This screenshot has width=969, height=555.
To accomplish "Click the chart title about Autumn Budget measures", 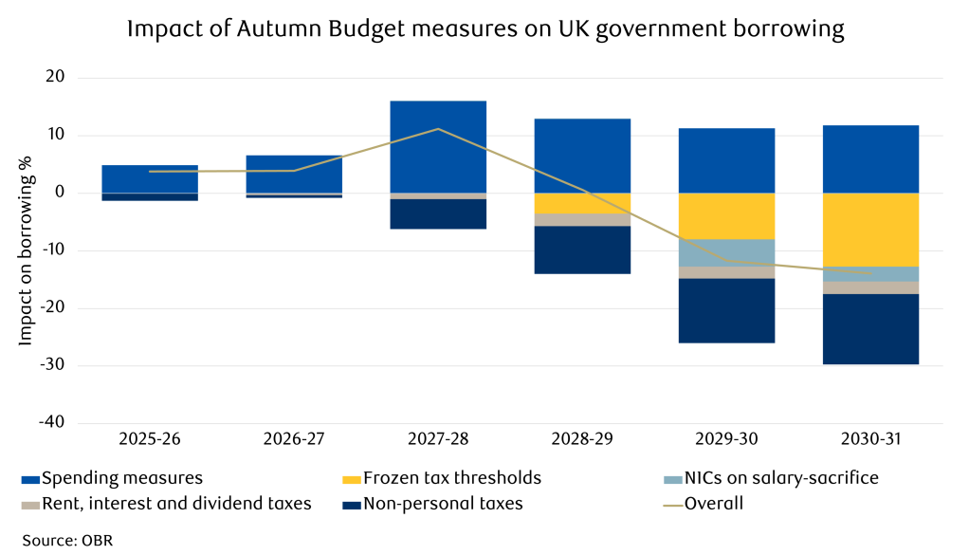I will [x=484, y=29].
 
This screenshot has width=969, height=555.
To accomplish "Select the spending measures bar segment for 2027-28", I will [x=438, y=147].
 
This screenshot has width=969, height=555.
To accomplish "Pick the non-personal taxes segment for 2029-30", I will [x=726, y=310].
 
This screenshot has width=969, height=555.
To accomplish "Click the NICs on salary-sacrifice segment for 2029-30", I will [x=726, y=252].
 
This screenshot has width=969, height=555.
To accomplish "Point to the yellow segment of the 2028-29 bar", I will [x=582, y=203].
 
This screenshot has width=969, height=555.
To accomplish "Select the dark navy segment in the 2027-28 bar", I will [x=438, y=213].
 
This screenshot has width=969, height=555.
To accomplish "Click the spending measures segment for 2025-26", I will [x=150, y=179].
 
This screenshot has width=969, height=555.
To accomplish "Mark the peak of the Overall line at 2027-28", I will [x=438, y=129].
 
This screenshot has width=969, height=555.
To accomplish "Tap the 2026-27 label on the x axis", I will [x=294, y=440].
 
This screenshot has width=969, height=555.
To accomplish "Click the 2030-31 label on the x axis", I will [x=870, y=440].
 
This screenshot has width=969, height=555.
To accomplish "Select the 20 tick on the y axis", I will [x=53, y=78].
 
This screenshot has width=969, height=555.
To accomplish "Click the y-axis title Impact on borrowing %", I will [x=26, y=250].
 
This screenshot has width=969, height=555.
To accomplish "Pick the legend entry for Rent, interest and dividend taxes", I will [x=166, y=504].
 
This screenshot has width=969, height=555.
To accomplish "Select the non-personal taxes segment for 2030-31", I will [x=870, y=329].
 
